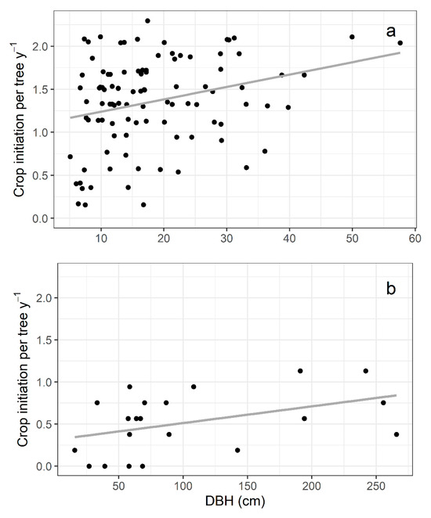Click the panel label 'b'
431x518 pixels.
pyautogui.click(x=390, y=289)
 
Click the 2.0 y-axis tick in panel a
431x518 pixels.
pyautogui.click(x=39, y=47)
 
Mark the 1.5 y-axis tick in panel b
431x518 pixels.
pyautogui.click(x=39, y=340)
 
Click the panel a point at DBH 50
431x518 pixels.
pyautogui.click(x=352, y=37)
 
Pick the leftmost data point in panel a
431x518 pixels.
pyautogui.click(x=70, y=156)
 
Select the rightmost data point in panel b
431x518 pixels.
pyautogui.click(x=397, y=434)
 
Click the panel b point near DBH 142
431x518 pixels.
pyautogui.click(x=237, y=450)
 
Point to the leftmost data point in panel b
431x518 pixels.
pyautogui.click(x=74, y=450)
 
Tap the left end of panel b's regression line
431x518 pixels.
pyautogui.click(x=74, y=437)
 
